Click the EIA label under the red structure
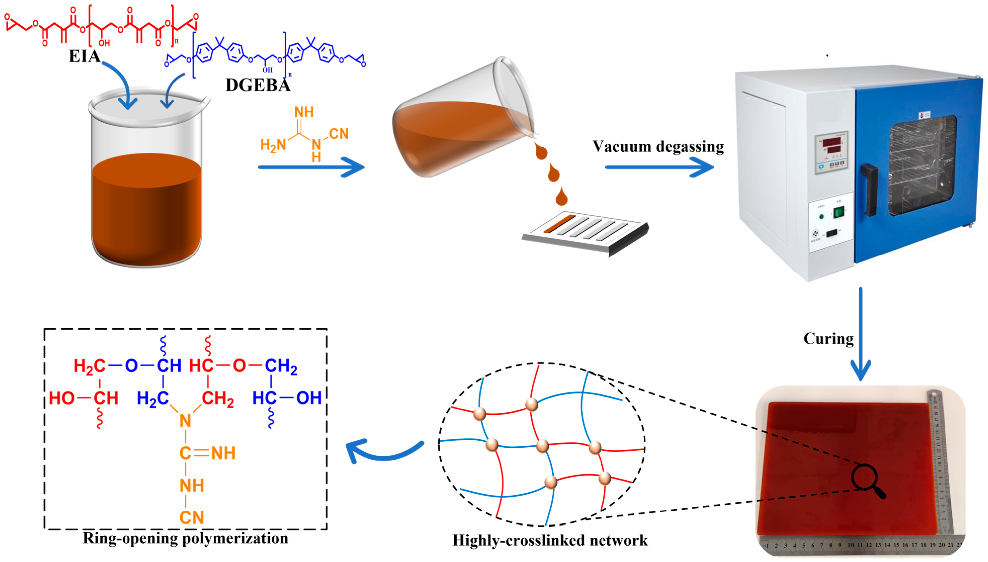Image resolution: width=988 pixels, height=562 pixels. (x=84, y=56)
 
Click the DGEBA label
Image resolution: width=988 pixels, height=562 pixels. (x=258, y=85)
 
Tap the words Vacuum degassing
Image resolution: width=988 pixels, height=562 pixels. (x=658, y=147)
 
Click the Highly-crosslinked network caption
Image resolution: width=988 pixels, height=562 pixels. (x=550, y=540)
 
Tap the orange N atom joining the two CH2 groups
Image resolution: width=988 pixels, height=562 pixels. (x=185, y=421)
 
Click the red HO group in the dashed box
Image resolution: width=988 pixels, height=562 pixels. (x=62, y=398)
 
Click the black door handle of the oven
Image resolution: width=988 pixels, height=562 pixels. (x=870, y=189)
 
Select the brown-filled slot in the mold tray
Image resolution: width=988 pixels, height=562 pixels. (x=559, y=224)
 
